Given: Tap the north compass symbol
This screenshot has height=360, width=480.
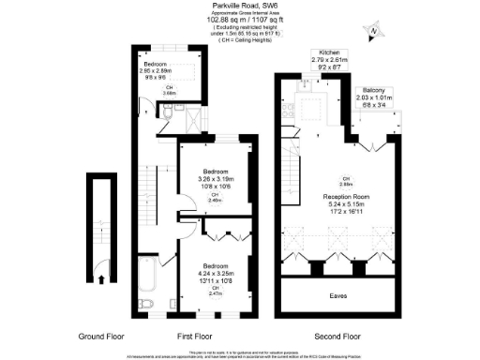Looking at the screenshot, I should click(x=373, y=32).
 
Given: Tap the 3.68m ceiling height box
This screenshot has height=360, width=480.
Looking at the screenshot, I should click(x=171, y=92).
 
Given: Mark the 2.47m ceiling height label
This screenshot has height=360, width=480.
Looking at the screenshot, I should click(x=217, y=292).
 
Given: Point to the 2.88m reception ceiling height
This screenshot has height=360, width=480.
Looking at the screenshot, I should click(x=346, y=183).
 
